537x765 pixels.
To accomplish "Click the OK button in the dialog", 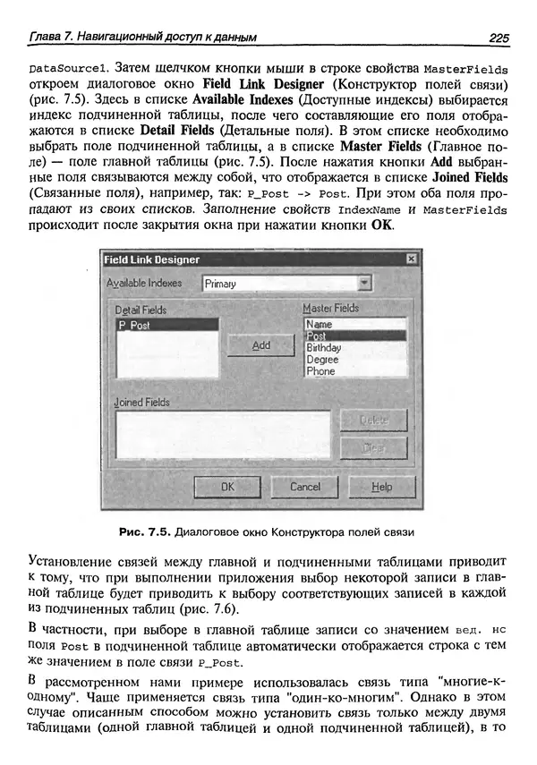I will coord(227,487).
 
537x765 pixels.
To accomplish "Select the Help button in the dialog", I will coord(382,487).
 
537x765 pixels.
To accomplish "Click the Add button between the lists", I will coord(260,345).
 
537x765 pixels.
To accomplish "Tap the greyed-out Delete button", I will coord(373,420).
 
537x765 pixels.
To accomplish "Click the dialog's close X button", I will coord(411,259).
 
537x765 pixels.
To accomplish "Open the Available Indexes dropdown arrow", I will coord(362,283).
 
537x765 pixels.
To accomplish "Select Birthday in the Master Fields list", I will coord(323,347).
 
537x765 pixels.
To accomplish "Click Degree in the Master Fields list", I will coord(322,359).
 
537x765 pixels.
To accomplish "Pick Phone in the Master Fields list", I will coord(320,370).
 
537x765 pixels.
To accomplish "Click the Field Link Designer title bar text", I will coord(152,259).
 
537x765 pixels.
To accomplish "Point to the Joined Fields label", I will coord(142,403).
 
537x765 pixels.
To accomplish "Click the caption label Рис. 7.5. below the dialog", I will coord(143,531).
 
